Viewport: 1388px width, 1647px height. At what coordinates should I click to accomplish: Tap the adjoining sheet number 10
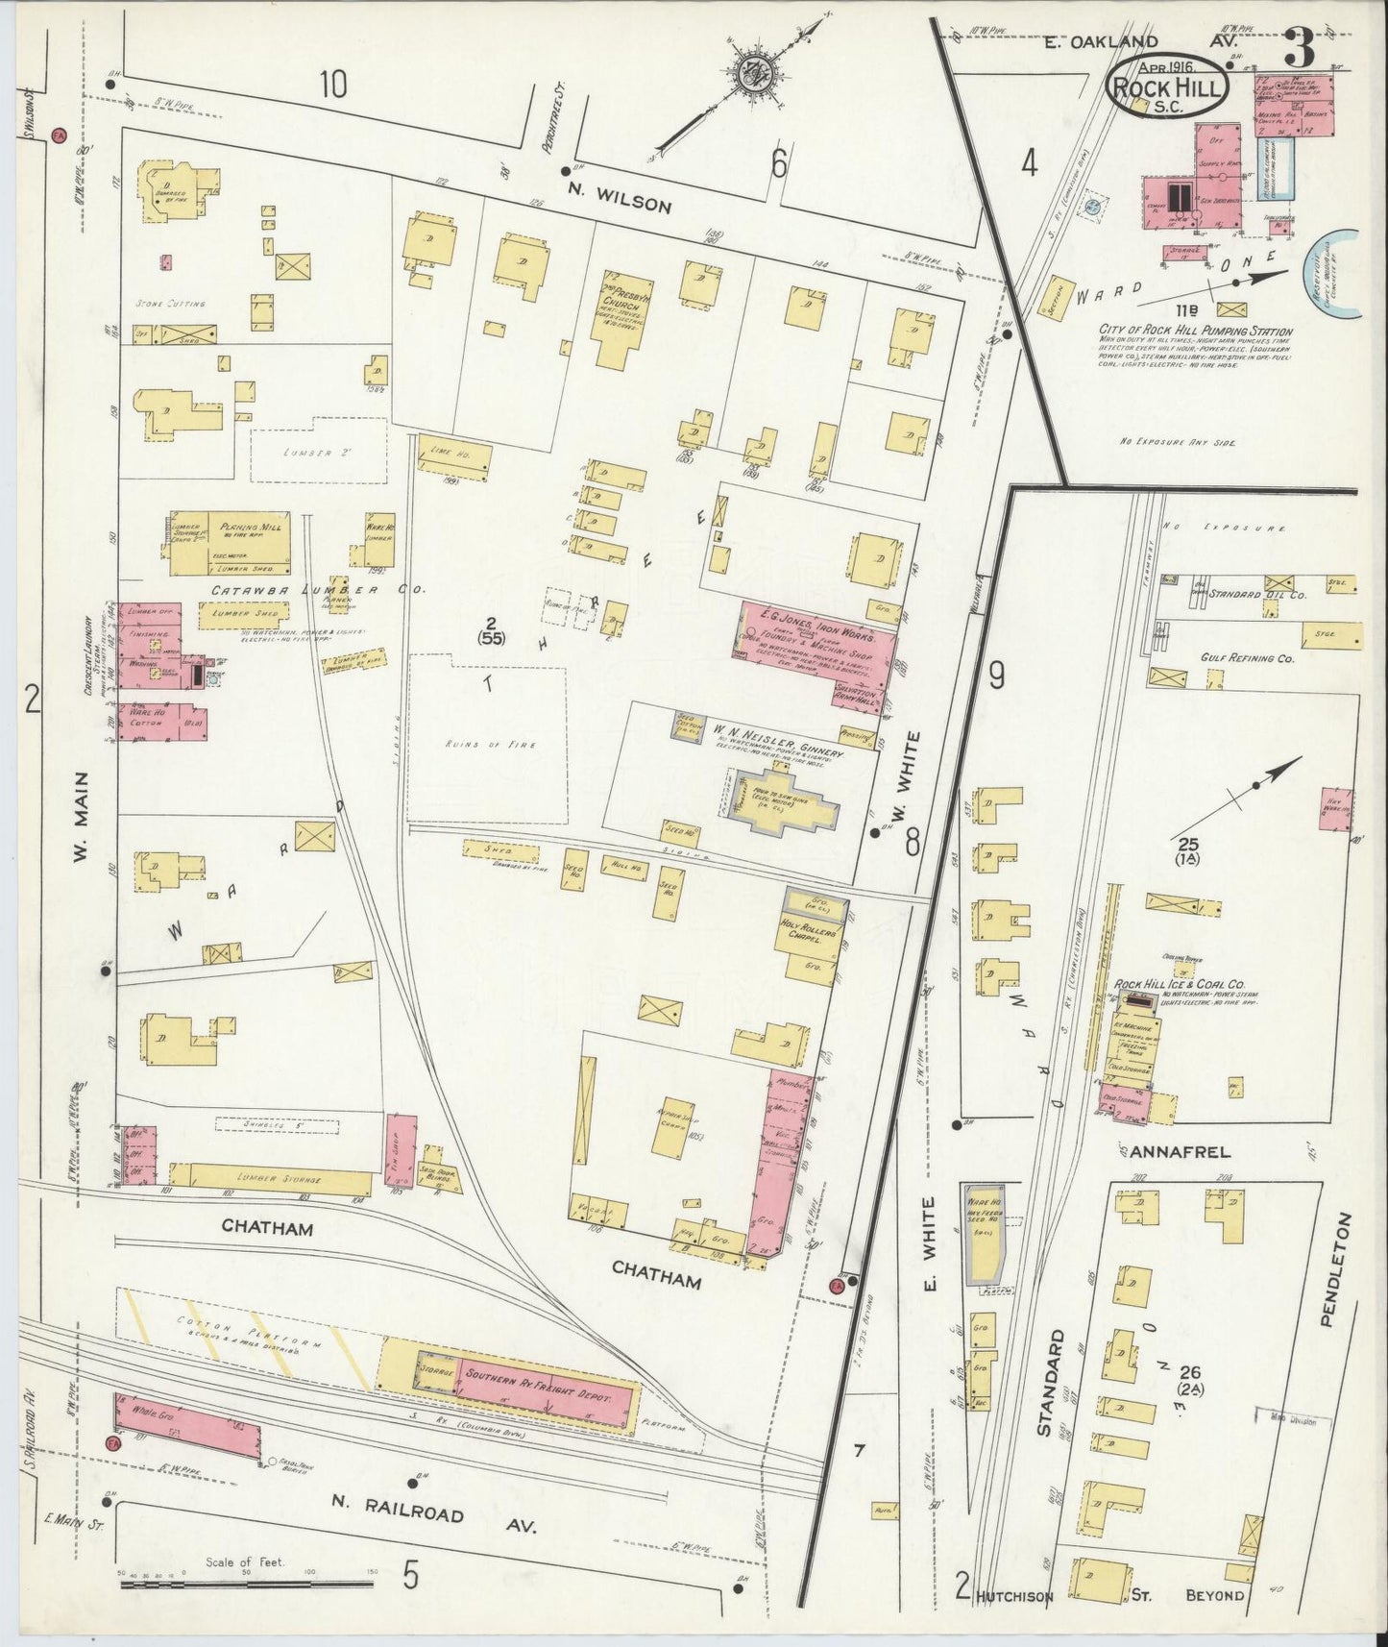(331, 86)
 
